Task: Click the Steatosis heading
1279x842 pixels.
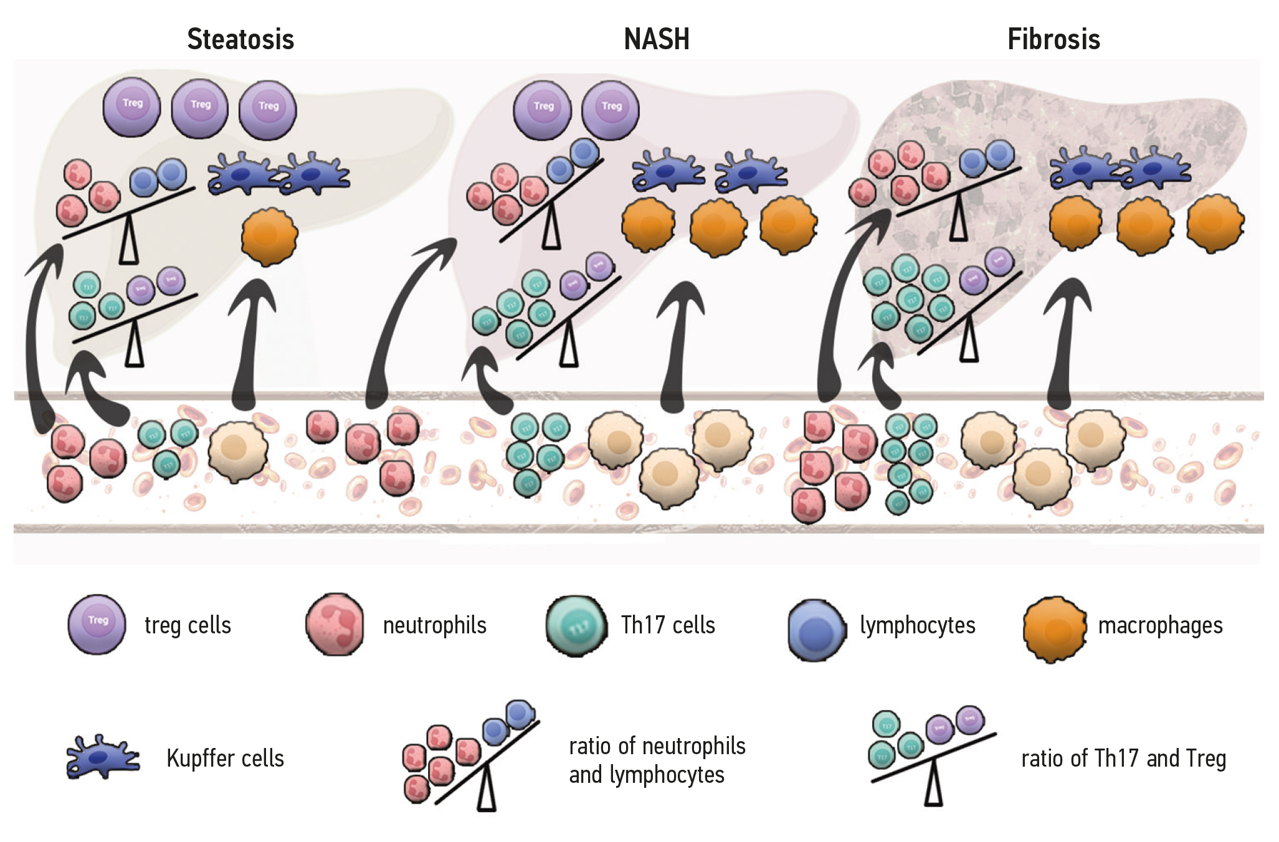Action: pos(240,39)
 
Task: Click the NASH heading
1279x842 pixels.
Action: pos(657,39)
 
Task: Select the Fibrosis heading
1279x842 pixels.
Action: pos(1053,39)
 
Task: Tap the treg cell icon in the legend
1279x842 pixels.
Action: pos(97,624)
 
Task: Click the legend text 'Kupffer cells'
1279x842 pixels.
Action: pos(225,759)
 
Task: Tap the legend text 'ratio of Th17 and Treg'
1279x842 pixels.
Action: pos(1123,759)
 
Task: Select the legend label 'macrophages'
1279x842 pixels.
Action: pos(1160,625)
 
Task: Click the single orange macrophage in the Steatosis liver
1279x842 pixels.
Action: pos(269,236)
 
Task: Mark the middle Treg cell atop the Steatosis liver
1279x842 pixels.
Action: pos(200,108)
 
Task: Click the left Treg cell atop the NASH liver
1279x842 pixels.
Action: pos(543,110)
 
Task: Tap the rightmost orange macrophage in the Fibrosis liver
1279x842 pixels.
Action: pos(1215,223)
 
